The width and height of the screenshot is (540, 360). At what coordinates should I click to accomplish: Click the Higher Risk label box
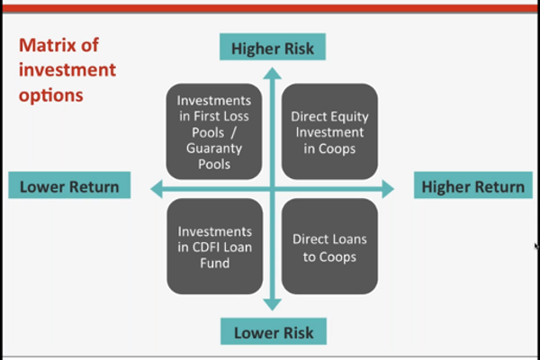273,47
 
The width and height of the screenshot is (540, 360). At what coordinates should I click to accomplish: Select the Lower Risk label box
274,331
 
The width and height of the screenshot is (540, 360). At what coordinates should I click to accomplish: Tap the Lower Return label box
69,185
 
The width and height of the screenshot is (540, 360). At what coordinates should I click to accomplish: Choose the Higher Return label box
473,185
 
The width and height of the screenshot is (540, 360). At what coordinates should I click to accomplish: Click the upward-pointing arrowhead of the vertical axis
273,74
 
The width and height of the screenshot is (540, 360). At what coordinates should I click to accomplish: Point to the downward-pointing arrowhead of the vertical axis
273,304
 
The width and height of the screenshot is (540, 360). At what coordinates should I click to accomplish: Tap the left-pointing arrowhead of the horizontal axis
157,189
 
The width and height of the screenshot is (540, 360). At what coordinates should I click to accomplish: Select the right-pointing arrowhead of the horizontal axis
388,189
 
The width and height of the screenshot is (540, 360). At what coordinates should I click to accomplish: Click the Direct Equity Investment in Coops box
329,131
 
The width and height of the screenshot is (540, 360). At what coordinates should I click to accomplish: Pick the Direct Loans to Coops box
329,247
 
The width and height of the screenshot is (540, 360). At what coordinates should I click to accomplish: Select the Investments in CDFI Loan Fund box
215,247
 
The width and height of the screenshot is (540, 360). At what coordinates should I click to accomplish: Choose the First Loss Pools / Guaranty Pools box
214,131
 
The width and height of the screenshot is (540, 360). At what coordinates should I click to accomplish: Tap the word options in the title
51,95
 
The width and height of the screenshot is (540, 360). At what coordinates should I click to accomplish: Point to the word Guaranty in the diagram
214,148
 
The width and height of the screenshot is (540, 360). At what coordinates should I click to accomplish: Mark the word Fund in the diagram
214,263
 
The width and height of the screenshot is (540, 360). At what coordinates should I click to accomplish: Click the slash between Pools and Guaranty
233,132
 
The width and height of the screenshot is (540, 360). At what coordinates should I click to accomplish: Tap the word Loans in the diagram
348,239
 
